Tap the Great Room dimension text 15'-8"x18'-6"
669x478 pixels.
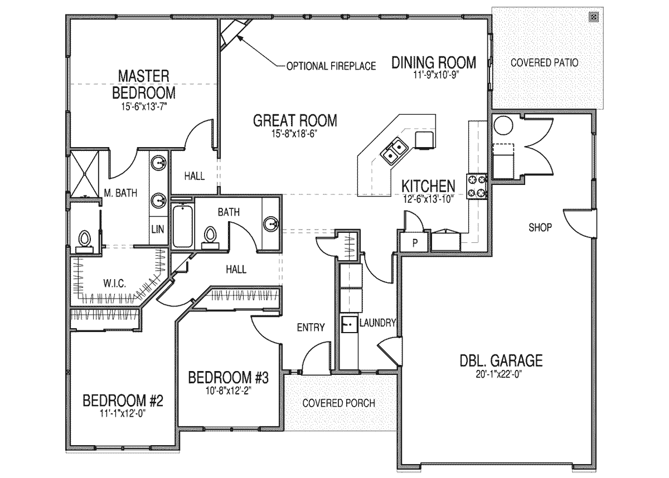click(294, 134)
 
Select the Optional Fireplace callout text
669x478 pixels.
click(331, 66)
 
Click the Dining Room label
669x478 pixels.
click(434, 62)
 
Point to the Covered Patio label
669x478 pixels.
click(544, 62)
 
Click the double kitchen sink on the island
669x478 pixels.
click(394, 150)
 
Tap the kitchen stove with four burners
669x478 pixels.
click(478, 186)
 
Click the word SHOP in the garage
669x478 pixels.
click(540, 227)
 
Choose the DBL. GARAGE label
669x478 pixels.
click(501, 361)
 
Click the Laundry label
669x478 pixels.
click(377, 323)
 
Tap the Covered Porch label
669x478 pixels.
click(338, 403)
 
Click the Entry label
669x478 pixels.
click(311, 328)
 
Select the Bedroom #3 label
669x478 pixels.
click(229, 378)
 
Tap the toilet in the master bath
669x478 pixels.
click(85, 241)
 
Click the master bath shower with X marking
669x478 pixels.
click(85, 172)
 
